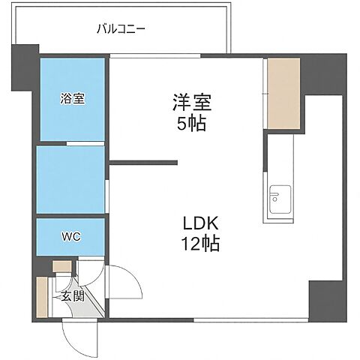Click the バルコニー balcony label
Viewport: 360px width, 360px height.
point(121,29)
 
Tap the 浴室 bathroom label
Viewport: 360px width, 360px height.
point(72,97)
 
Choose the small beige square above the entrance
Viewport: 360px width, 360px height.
point(61,266)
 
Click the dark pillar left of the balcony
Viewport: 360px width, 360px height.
point(24,67)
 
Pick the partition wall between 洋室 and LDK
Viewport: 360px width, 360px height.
point(143,162)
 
